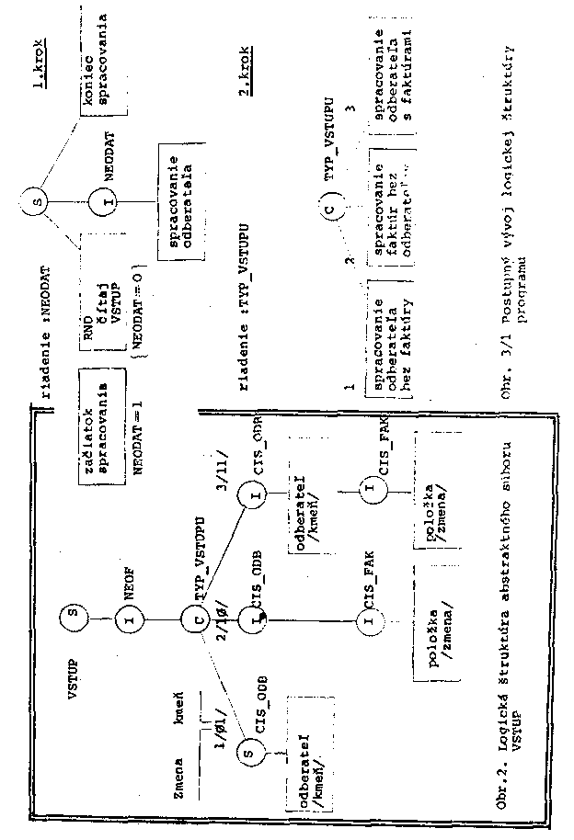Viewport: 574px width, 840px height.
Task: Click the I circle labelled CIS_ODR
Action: click(254, 496)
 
